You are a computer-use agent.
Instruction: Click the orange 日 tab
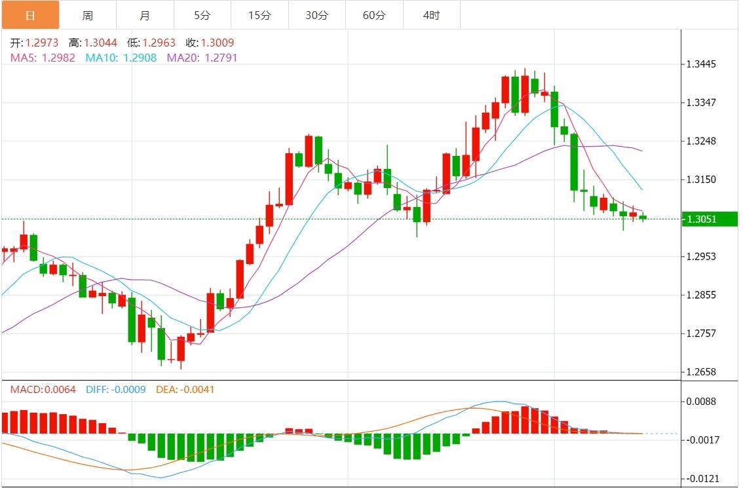click(30, 15)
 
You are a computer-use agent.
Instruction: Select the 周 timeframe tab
click(88, 15)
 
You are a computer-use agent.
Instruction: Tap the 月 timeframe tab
click(145, 15)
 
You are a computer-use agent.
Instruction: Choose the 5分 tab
click(202, 15)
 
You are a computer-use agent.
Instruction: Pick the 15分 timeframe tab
click(259, 15)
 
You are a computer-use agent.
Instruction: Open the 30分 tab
click(317, 15)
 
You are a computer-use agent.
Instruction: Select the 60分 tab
click(374, 15)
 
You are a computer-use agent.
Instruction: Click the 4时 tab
click(431, 15)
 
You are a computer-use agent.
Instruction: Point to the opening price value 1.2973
click(42, 43)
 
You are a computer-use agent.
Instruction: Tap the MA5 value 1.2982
click(59, 58)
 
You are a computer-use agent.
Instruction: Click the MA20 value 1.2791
click(221, 58)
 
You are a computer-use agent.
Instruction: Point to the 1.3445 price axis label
click(702, 64)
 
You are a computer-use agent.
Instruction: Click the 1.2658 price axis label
click(702, 372)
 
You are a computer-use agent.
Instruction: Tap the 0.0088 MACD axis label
click(702, 401)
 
